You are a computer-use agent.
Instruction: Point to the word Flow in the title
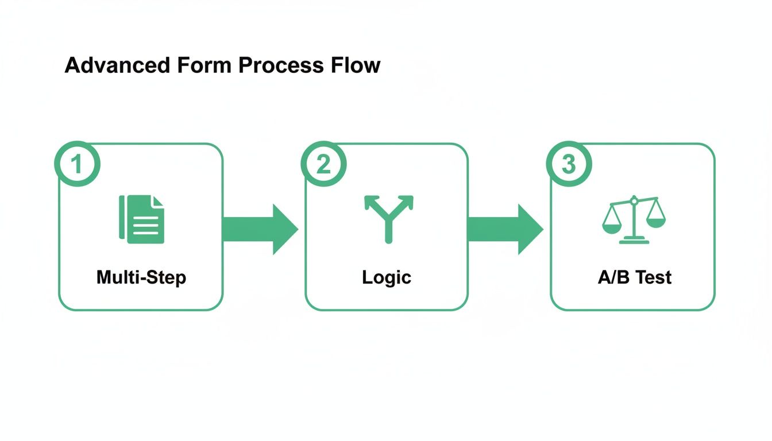pos(355,65)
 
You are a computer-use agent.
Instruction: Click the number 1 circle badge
pos(77,164)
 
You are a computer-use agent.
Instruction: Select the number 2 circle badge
pos(323,164)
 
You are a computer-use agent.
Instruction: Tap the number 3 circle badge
pos(568,164)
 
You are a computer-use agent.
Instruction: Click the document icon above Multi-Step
pos(141,219)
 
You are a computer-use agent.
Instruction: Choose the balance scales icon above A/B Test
pos(634,220)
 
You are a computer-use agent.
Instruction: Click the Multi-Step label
pos(141,278)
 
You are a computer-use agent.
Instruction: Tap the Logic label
pos(387,278)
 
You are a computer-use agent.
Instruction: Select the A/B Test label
pos(635,278)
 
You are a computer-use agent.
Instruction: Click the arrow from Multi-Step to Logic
pos(261,229)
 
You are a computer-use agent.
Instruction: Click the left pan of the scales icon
pos(611,226)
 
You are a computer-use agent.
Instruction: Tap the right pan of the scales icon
pos(655,221)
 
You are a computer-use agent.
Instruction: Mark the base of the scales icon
pos(634,242)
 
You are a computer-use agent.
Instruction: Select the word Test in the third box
pos(653,278)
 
